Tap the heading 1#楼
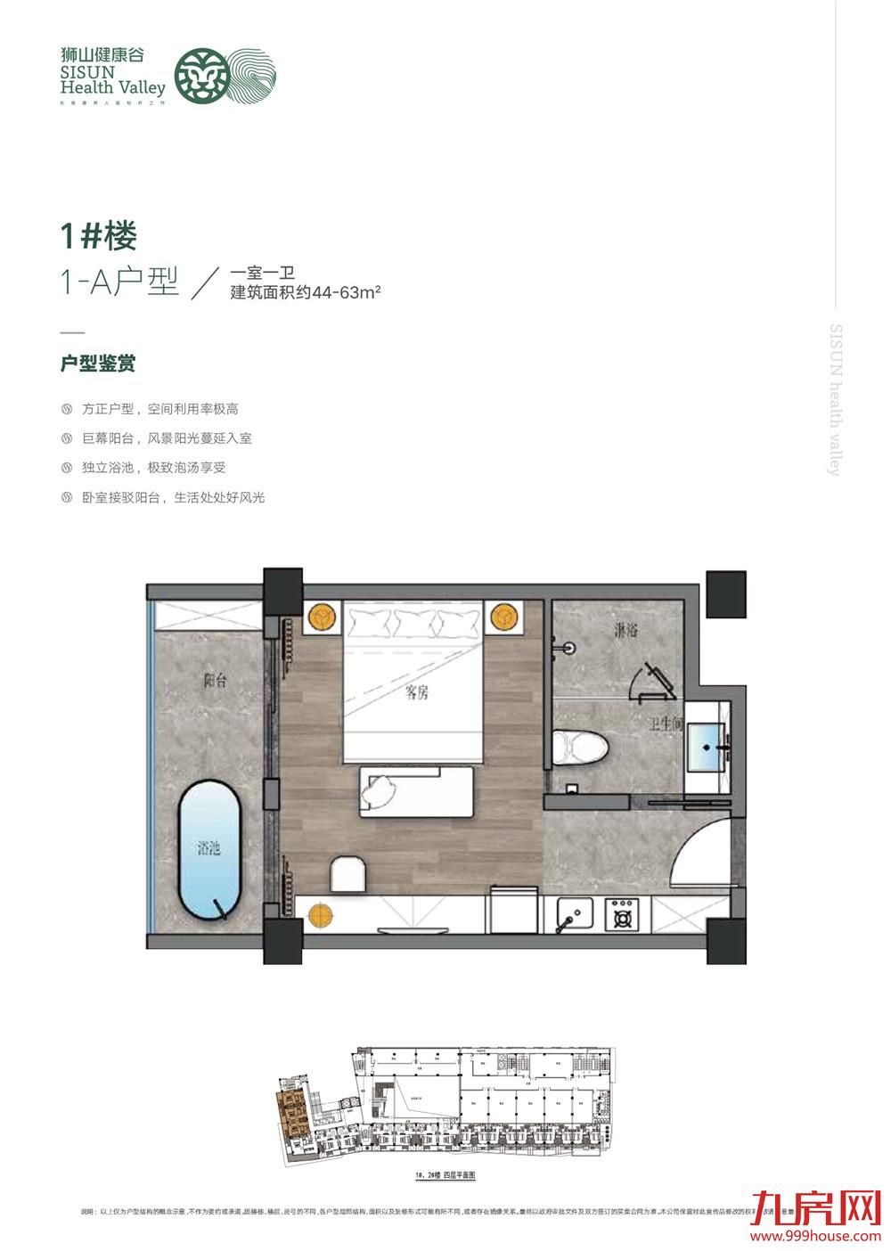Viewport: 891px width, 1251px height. (99, 236)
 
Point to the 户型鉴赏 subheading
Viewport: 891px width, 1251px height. (98, 364)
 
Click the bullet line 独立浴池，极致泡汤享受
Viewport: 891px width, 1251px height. (153, 468)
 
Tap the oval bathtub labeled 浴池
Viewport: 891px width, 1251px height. (209, 849)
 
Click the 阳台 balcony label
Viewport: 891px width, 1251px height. (215, 681)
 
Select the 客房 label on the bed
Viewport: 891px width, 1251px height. (417, 691)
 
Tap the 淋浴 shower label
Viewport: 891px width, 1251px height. (625, 630)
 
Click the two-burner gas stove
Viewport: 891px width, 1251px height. (621, 914)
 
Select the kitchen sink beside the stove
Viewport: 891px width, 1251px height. (575, 914)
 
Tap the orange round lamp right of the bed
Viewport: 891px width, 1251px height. (502, 616)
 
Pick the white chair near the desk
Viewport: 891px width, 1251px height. (347, 874)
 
